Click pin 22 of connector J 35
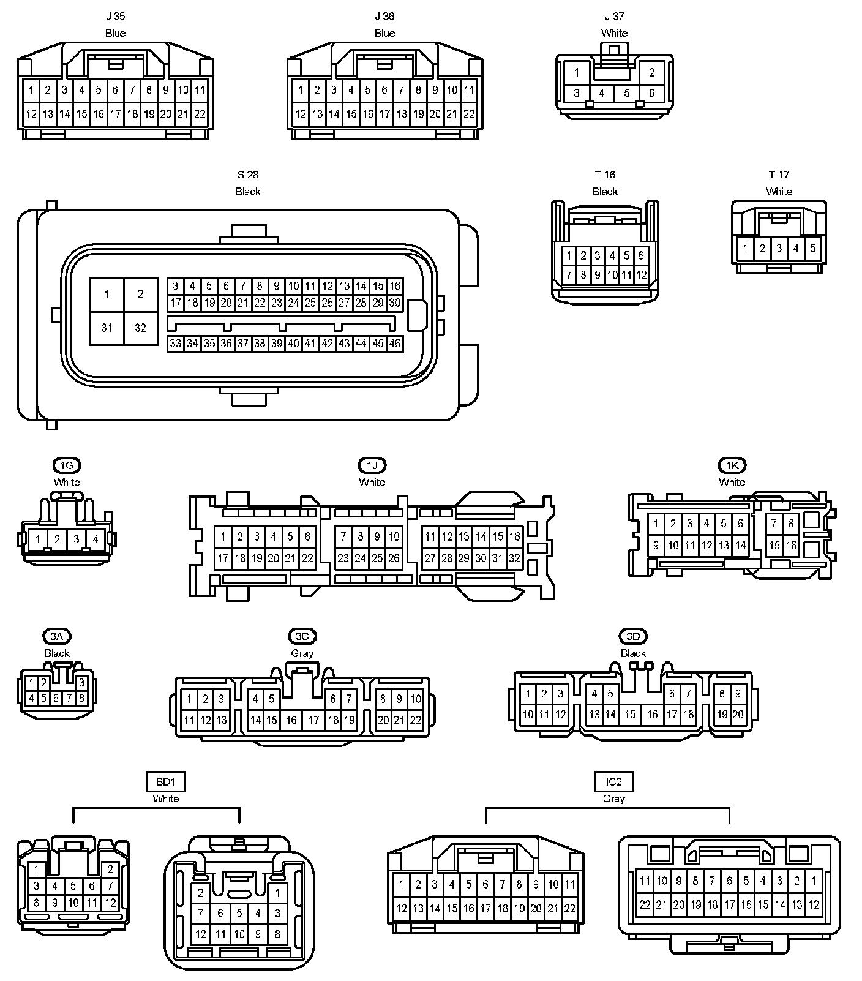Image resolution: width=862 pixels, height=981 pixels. [x=200, y=114]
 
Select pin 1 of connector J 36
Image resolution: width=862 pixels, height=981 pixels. [x=301, y=90]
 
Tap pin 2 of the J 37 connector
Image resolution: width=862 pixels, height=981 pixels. [x=652, y=73]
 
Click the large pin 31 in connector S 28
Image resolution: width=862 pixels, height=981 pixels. [x=107, y=328]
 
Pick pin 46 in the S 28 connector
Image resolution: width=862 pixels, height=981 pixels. [x=395, y=344]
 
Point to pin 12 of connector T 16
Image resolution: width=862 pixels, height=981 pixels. [x=641, y=275]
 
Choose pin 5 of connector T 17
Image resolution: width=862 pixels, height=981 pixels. [x=813, y=249]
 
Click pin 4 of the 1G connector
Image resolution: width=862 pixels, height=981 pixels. [x=96, y=539]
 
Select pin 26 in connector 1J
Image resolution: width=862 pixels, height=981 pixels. [x=394, y=558]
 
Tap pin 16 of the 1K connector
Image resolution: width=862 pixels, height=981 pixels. [x=791, y=545]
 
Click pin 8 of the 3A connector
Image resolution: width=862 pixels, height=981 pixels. [x=82, y=698]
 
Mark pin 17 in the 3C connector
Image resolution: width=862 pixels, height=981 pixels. [x=314, y=720]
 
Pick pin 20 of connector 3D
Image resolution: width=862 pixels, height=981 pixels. [x=738, y=714]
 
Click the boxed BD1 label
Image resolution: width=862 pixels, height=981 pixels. [x=165, y=782]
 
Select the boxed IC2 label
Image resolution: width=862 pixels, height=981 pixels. [x=613, y=782]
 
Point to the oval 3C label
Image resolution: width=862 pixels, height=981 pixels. [x=302, y=637]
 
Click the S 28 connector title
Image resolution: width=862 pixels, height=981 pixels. [x=248, y=175]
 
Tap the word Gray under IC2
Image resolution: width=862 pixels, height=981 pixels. [x=613, y=799]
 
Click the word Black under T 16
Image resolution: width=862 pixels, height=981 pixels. [x=605, y=192]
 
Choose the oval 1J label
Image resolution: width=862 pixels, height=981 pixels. [x=372, y=465]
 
